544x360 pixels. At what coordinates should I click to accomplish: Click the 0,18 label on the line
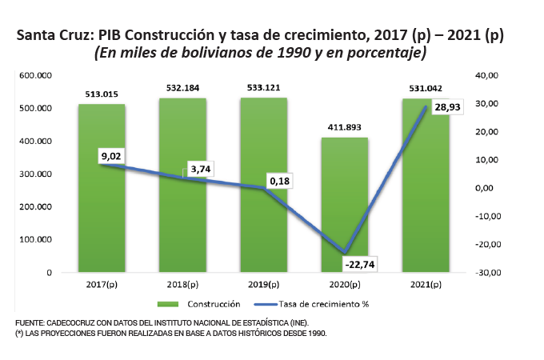click(279, 182)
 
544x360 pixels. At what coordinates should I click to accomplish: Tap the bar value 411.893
click(344, 127)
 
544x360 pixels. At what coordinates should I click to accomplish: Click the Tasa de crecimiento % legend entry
click(323, 304)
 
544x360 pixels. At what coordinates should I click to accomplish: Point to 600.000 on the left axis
click(36, 75)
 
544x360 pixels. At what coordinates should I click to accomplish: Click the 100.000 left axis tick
click(36, 239)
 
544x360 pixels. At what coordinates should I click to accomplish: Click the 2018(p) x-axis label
click(182, 285)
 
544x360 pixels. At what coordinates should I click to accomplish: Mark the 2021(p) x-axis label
click(424, 285)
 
